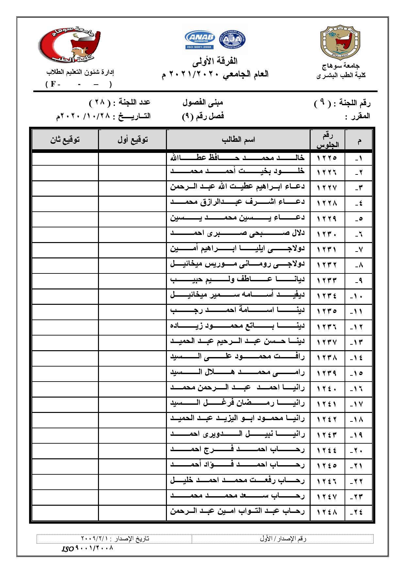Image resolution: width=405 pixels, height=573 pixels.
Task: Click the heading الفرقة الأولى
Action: (x=215, y=61)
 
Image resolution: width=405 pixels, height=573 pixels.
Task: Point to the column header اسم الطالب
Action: (x=238, y=140)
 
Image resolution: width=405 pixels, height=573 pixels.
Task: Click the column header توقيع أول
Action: (x=132, y=140)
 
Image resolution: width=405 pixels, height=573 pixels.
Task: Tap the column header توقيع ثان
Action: (x=65, y=140)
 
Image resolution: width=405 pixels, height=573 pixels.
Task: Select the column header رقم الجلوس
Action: (x=327, y=140)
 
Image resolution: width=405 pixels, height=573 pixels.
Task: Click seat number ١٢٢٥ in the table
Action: (x=327, y=158)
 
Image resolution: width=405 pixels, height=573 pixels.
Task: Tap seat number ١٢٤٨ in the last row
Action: (x=327, y=512)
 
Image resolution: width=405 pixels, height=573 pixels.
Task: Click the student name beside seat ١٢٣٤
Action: (x=237, y=295)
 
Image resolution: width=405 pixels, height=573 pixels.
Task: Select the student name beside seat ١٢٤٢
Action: (x=237, y=418)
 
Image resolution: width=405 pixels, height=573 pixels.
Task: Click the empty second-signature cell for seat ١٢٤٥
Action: (x=65, y=465)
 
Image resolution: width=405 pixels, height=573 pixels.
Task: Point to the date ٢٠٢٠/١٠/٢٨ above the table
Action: (x=83, y=117)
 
